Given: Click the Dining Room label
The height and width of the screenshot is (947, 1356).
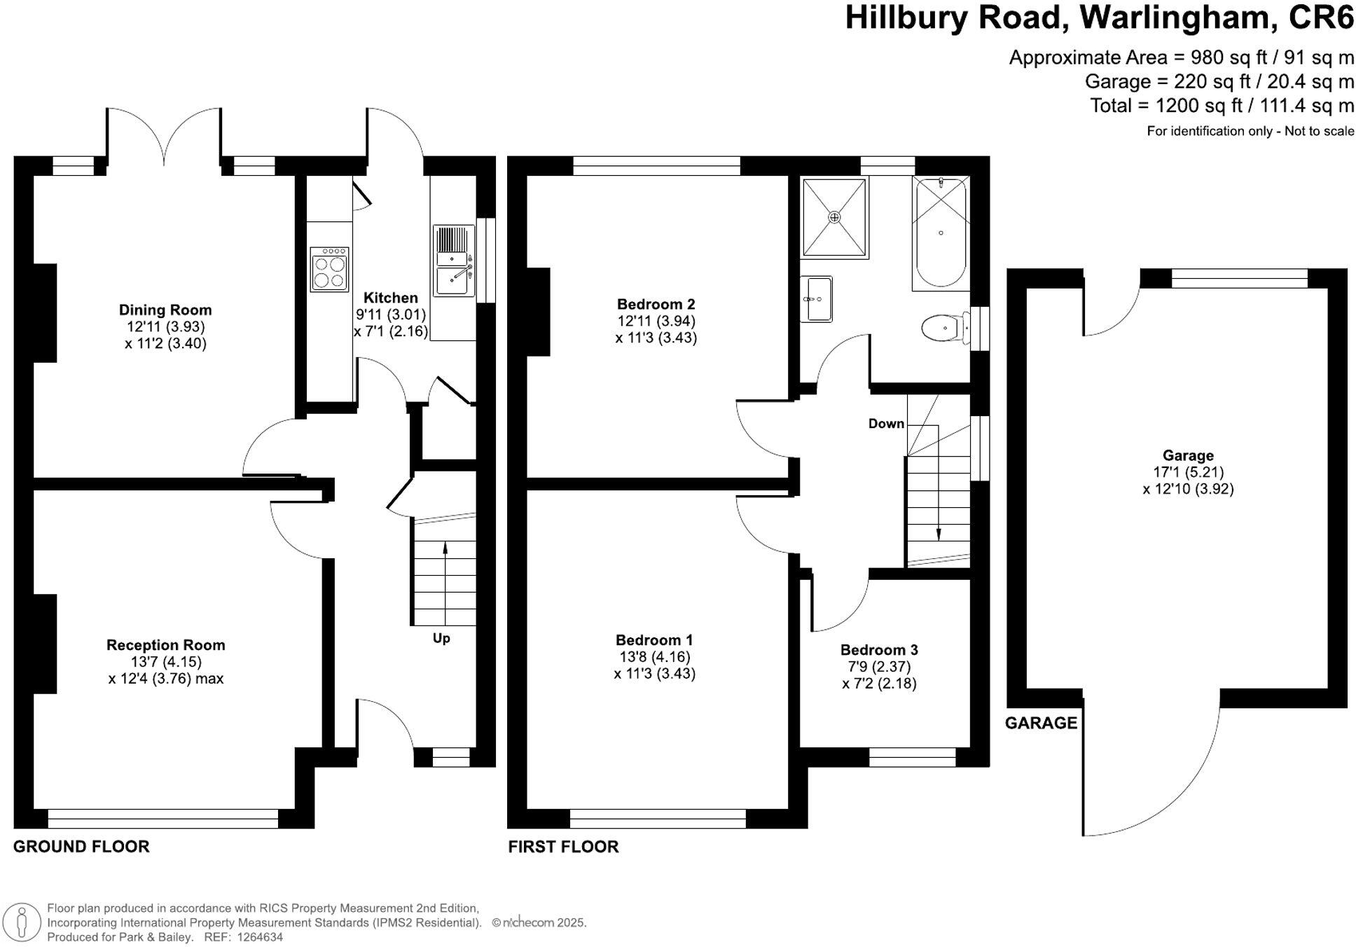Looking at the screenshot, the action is (165, 310).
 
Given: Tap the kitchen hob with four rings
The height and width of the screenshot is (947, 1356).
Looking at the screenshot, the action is (329, 270).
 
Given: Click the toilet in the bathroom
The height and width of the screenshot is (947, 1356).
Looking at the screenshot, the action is (941, 327).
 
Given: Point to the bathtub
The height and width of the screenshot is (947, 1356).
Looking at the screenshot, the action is (940, 233).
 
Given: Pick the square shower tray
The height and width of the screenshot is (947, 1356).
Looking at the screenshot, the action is (834, 217).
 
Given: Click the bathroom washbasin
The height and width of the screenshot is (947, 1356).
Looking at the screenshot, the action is (817, 299).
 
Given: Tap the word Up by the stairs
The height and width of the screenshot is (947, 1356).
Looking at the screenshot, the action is (441, 638).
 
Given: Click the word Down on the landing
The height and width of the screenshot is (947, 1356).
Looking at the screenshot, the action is (886, 424).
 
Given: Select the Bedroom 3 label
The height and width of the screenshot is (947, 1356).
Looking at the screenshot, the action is (879, 650).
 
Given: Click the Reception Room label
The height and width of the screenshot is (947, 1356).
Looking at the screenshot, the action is (166, 645).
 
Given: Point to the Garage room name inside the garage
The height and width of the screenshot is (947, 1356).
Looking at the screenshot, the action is (1188, 455).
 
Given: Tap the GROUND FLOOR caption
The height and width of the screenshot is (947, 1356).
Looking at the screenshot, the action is (81, 846).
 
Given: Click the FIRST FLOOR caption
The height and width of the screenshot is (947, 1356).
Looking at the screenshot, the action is (563, 847).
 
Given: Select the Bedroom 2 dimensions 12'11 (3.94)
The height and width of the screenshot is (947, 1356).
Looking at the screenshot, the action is (656, 321).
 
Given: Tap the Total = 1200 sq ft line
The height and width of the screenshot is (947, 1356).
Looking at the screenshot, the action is (1222, 106).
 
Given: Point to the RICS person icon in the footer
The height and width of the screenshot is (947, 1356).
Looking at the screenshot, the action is (23, 922).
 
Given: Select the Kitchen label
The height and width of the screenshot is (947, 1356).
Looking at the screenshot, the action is (390, 298).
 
